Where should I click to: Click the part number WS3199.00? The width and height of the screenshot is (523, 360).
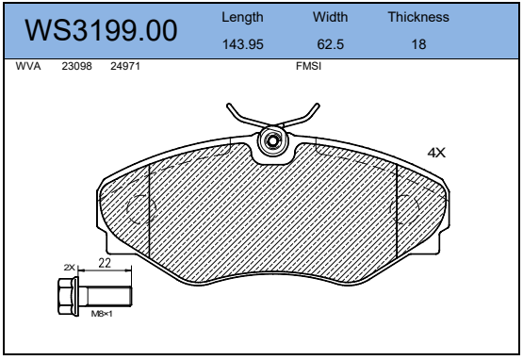coord(101,30)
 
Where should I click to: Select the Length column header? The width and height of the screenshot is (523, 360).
coord(242,17)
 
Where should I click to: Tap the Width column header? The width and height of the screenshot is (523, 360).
coord(330,17)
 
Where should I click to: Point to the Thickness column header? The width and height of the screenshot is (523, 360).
coord(418,17)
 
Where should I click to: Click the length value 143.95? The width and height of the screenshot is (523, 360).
coord(243,44)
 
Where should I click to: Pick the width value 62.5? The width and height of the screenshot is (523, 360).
coord(330,44)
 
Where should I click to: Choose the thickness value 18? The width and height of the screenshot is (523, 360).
coord(418,44)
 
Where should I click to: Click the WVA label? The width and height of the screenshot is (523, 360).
coord(28,66)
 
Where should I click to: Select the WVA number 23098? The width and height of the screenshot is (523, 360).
coord(76,66)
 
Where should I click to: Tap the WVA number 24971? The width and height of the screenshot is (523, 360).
coord(125,66)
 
